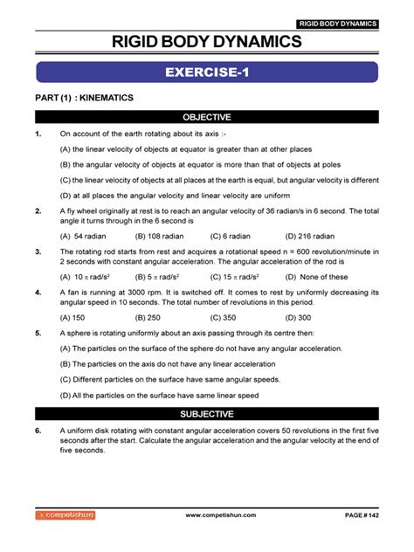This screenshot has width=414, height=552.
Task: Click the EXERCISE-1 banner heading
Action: [207, 72]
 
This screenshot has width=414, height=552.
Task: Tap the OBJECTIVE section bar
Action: [207, 116]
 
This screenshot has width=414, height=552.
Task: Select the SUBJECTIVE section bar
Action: [207, 413]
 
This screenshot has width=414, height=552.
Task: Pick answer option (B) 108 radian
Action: [160, 236]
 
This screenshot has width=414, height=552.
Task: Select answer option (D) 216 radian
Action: [311, 236]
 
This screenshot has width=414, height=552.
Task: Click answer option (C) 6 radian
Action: [232, 236]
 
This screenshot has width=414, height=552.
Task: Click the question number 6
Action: [38, 431]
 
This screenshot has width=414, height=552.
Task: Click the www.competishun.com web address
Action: [221, 516]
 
